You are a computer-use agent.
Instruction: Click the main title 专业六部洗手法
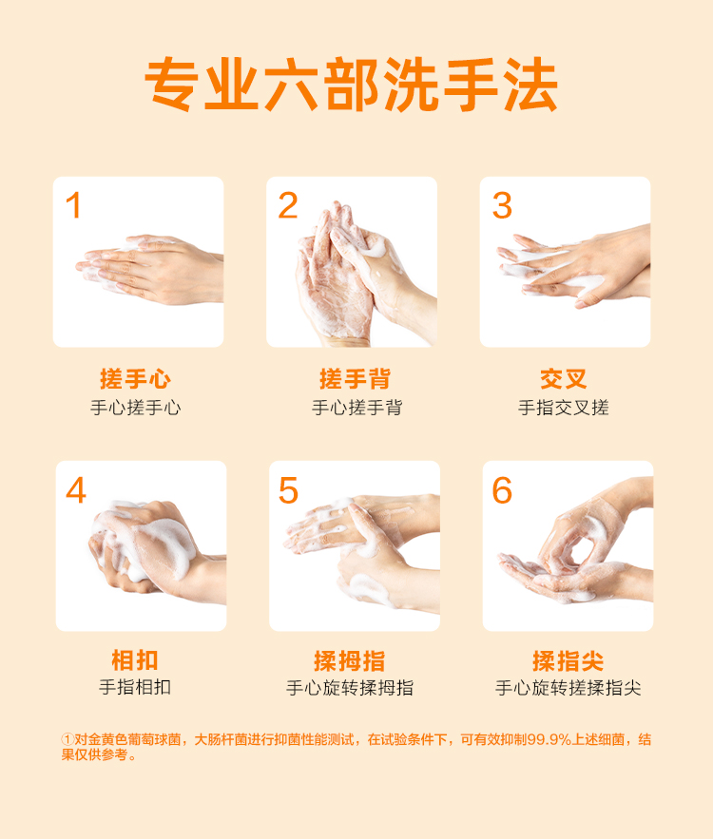[351, 85]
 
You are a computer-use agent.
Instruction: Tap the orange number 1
[73, 205]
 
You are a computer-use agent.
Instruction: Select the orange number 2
[288, 205]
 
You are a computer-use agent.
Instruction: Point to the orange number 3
[502, 205]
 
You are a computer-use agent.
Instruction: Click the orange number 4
[76, 490]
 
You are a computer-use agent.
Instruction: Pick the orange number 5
[288, 490]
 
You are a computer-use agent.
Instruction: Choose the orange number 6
[502, 490]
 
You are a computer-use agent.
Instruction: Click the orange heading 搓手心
[135, 379]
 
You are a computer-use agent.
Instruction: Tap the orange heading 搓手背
[355, 379]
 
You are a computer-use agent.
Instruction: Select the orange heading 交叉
[564, 379]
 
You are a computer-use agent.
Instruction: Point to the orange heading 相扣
[135, 659]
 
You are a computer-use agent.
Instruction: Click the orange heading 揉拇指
[350, 660]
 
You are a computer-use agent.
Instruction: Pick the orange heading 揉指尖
[568, 660]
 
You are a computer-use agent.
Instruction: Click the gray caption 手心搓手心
[135, 408]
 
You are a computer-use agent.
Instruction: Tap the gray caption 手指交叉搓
[564, 408]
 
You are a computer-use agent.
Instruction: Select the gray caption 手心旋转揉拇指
[350, 688]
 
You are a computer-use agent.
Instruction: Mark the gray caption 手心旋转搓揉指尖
[568, 688]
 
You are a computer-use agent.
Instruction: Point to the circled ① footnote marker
[67, 739]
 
